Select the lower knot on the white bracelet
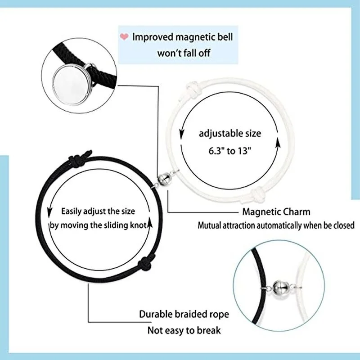[x=259, y=194]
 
